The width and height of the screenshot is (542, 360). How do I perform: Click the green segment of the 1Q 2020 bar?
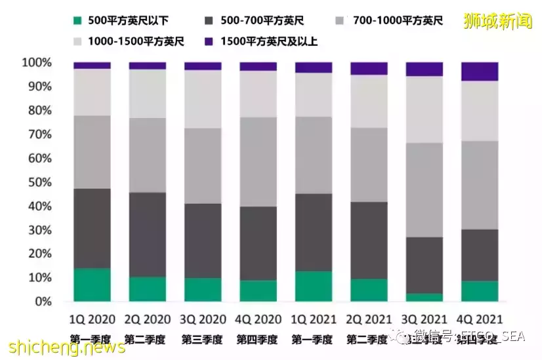coord(92,285)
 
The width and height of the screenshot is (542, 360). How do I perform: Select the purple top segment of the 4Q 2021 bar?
coord(480,71)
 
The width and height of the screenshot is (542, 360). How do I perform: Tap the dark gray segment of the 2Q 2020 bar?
coord(147,234)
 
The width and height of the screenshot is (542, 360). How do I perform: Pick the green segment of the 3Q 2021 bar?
coord(425,297)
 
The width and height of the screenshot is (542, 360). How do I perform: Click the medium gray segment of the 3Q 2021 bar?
coord(425,190)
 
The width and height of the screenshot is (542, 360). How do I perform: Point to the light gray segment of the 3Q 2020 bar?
coord(203,98)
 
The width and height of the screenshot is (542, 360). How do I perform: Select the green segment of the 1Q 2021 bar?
coord(314,286)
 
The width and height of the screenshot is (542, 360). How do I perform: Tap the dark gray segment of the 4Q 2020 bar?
coord(258,243)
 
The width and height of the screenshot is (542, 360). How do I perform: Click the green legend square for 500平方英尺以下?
coord(79,21)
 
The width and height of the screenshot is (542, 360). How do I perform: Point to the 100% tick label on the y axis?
coord(36,63)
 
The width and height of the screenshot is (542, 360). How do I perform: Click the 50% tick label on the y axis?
coord(39,182)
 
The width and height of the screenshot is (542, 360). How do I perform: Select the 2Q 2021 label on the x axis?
coord(369,319)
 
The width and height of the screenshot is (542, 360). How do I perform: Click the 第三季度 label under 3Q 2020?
coord(203,339)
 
